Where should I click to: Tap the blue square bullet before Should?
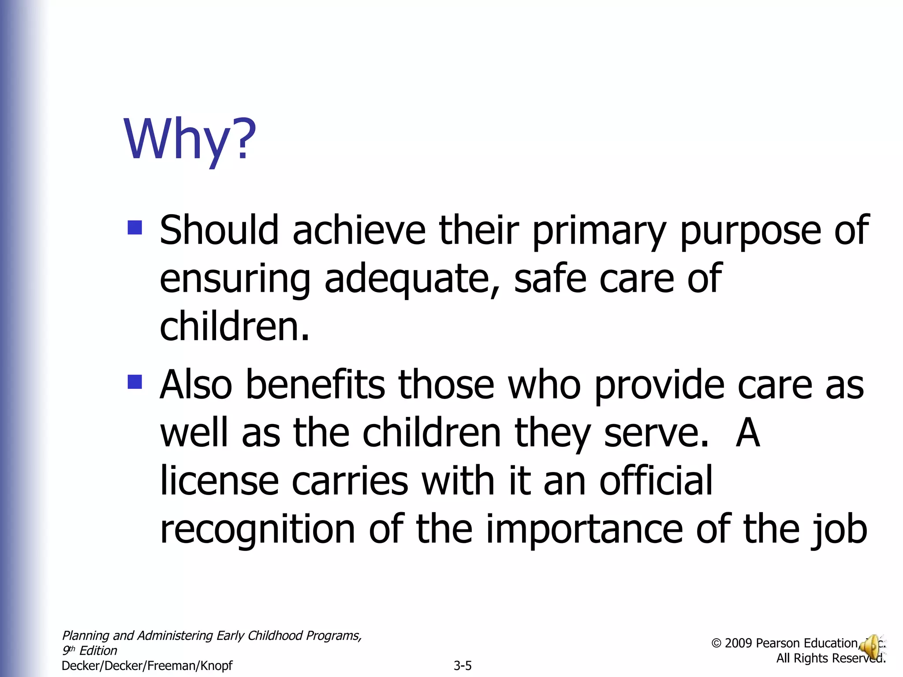pyautogui.click(x=134, y=227)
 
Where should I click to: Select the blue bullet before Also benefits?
pyautogui.click(x=134, y=382)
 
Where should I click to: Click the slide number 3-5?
pyautogui.click(x=463, y=666)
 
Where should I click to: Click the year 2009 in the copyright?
pyautogui.click(x=738, y=644)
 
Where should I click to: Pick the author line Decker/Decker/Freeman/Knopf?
pyautogui.click(x=147, y=666)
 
